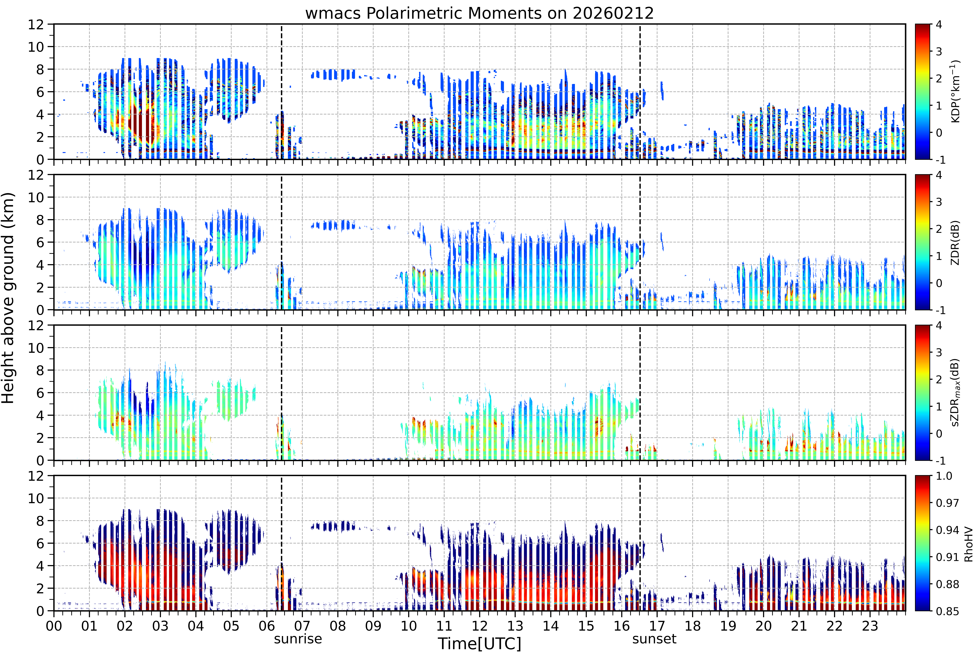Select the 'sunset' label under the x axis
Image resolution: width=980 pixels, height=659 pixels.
tap(654, 639)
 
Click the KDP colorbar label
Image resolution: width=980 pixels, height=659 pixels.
tap(955, 91)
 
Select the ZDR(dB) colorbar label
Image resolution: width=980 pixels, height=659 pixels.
tap(955, 242)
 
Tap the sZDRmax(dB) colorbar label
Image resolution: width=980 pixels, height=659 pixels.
tap(955, 393)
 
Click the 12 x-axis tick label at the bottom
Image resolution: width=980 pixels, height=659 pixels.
tap(479, 626)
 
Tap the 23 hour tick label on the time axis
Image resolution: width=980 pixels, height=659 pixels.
tap(870, 626)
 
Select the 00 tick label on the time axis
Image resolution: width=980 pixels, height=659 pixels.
tap(54, 626)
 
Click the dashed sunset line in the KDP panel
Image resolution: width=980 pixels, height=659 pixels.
tap(640, 92)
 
